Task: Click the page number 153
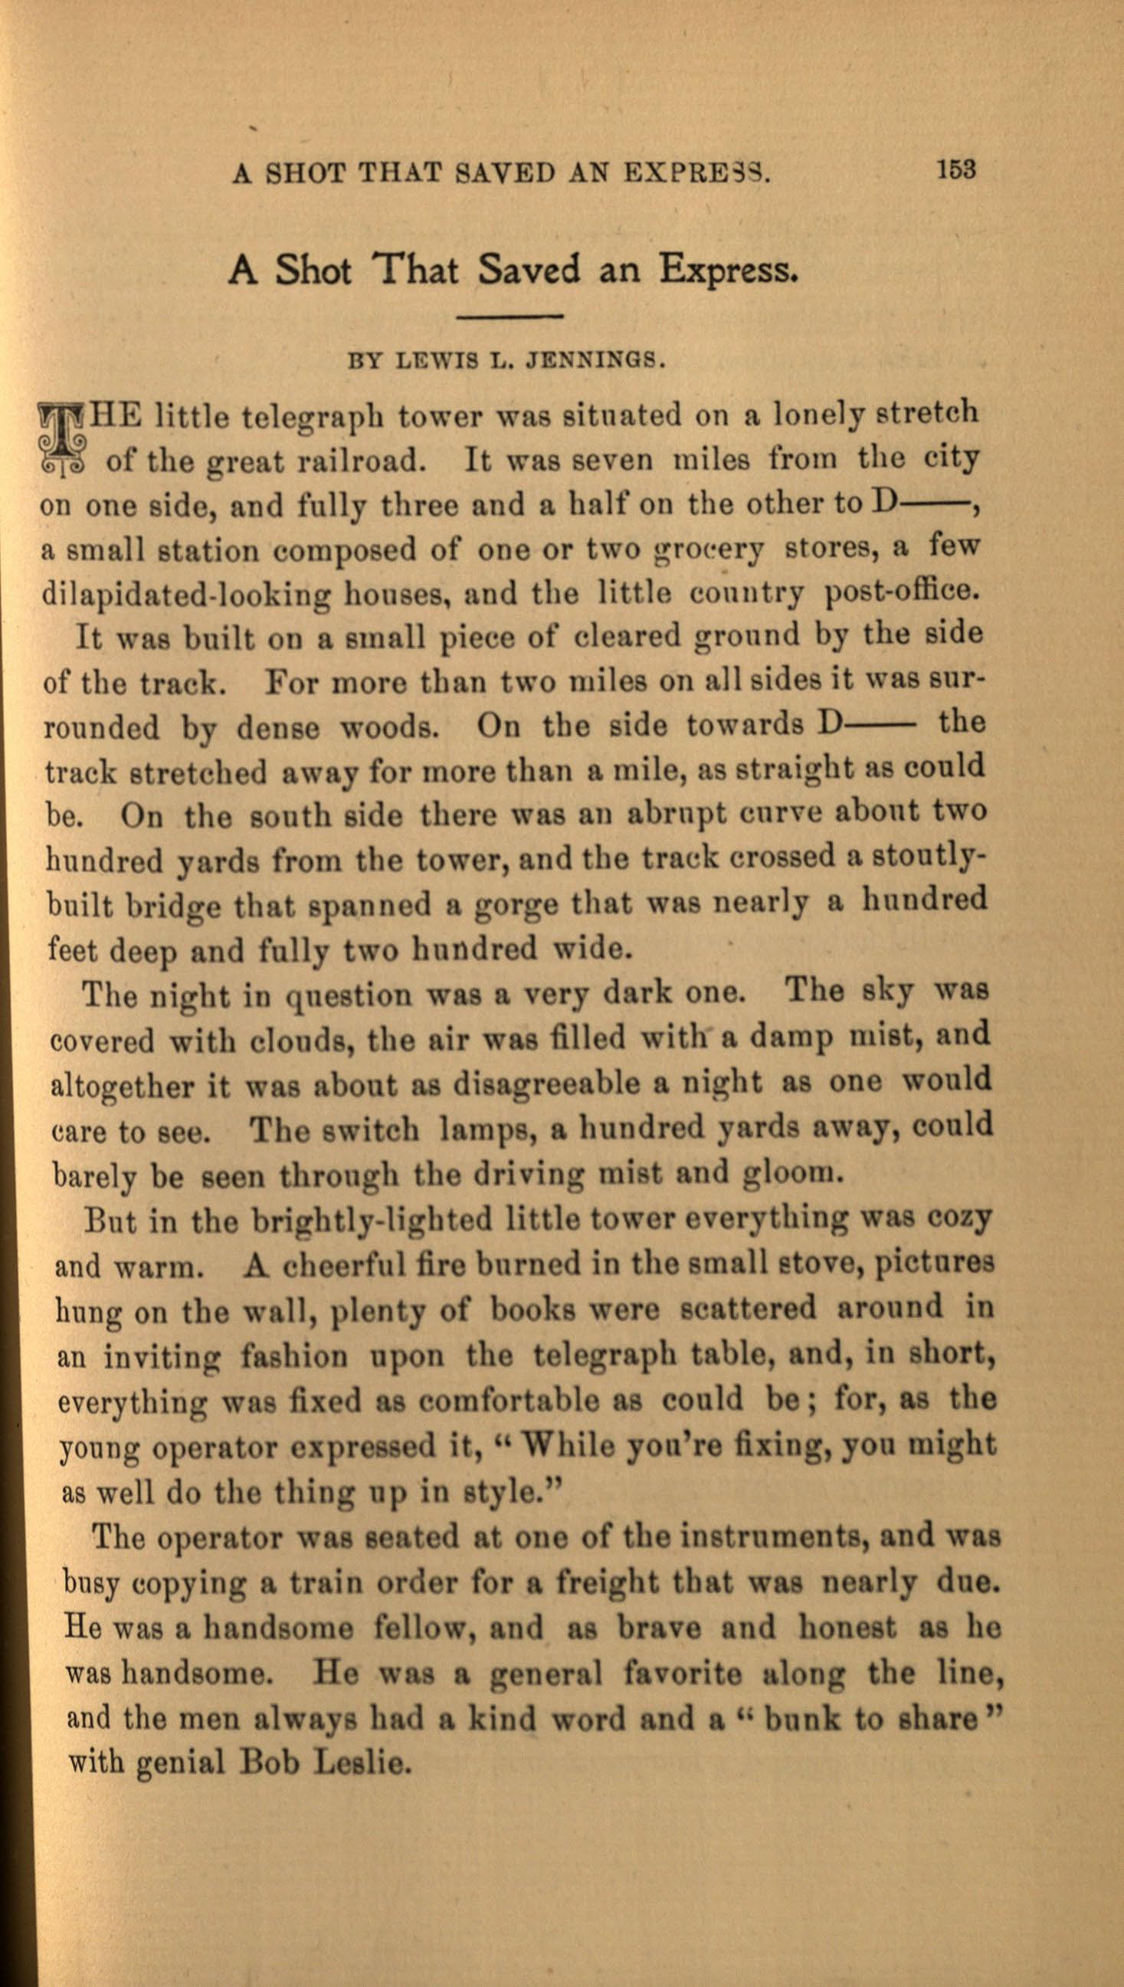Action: [955, 169]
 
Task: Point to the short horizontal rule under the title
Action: [510, 316]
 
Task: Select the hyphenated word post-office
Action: [902, 592]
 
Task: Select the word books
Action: [533, 1309]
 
